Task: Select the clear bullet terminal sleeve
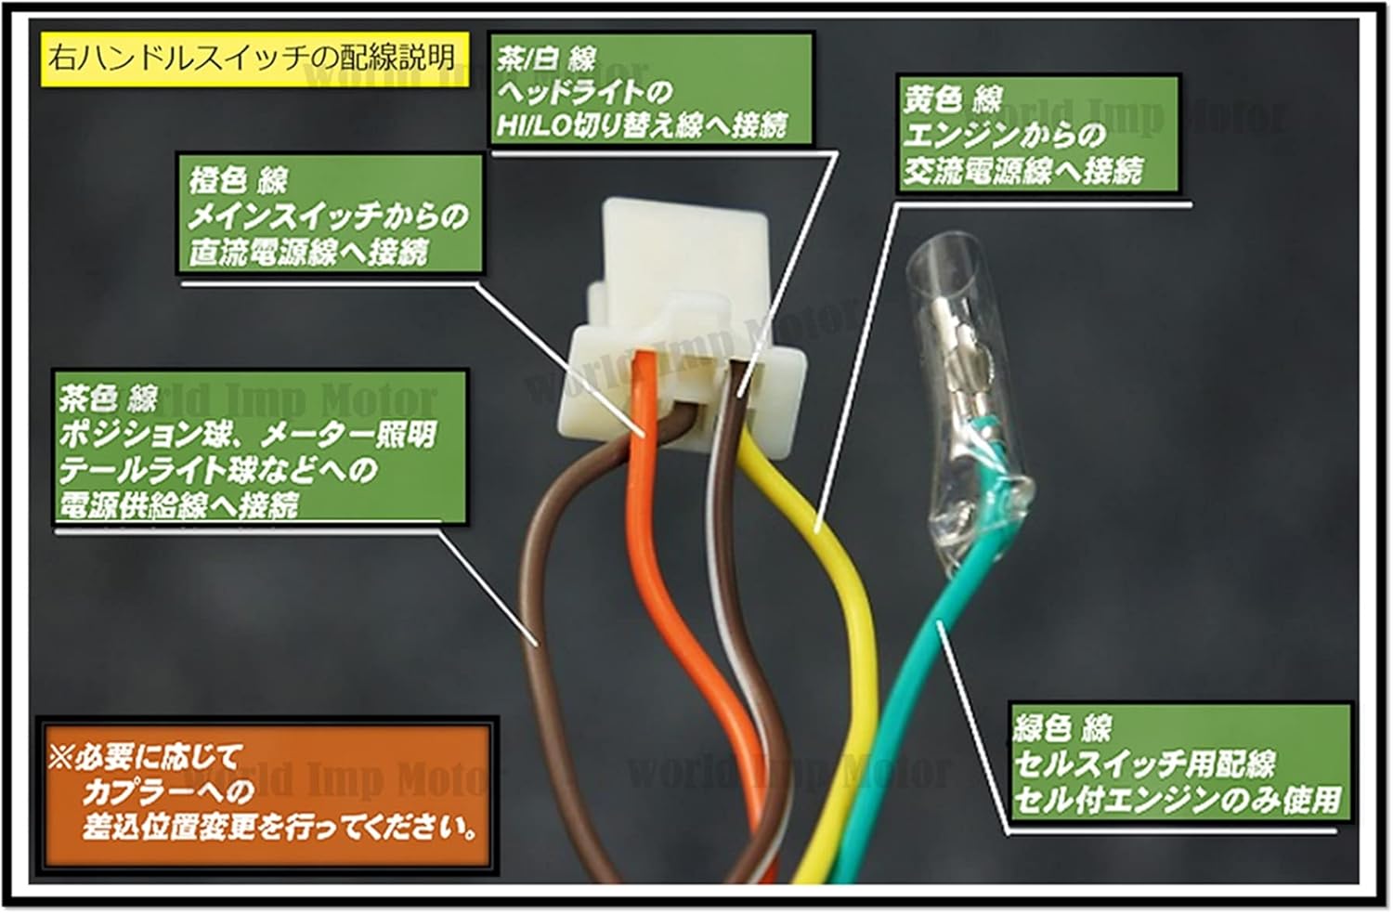click(x=966, y=390)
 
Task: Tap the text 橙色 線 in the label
click(x=239, y=180)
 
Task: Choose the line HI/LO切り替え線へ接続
click(x=642, y=124)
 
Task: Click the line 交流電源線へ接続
click(x=1022, y=171)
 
